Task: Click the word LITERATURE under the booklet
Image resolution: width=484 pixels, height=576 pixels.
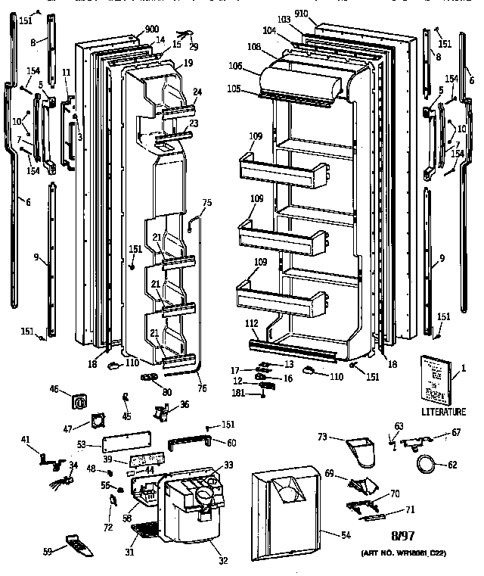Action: pyautogui.click(x=444, y=411)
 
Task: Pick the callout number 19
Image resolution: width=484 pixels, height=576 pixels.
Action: pyautogui.click(x=188, y=64)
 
